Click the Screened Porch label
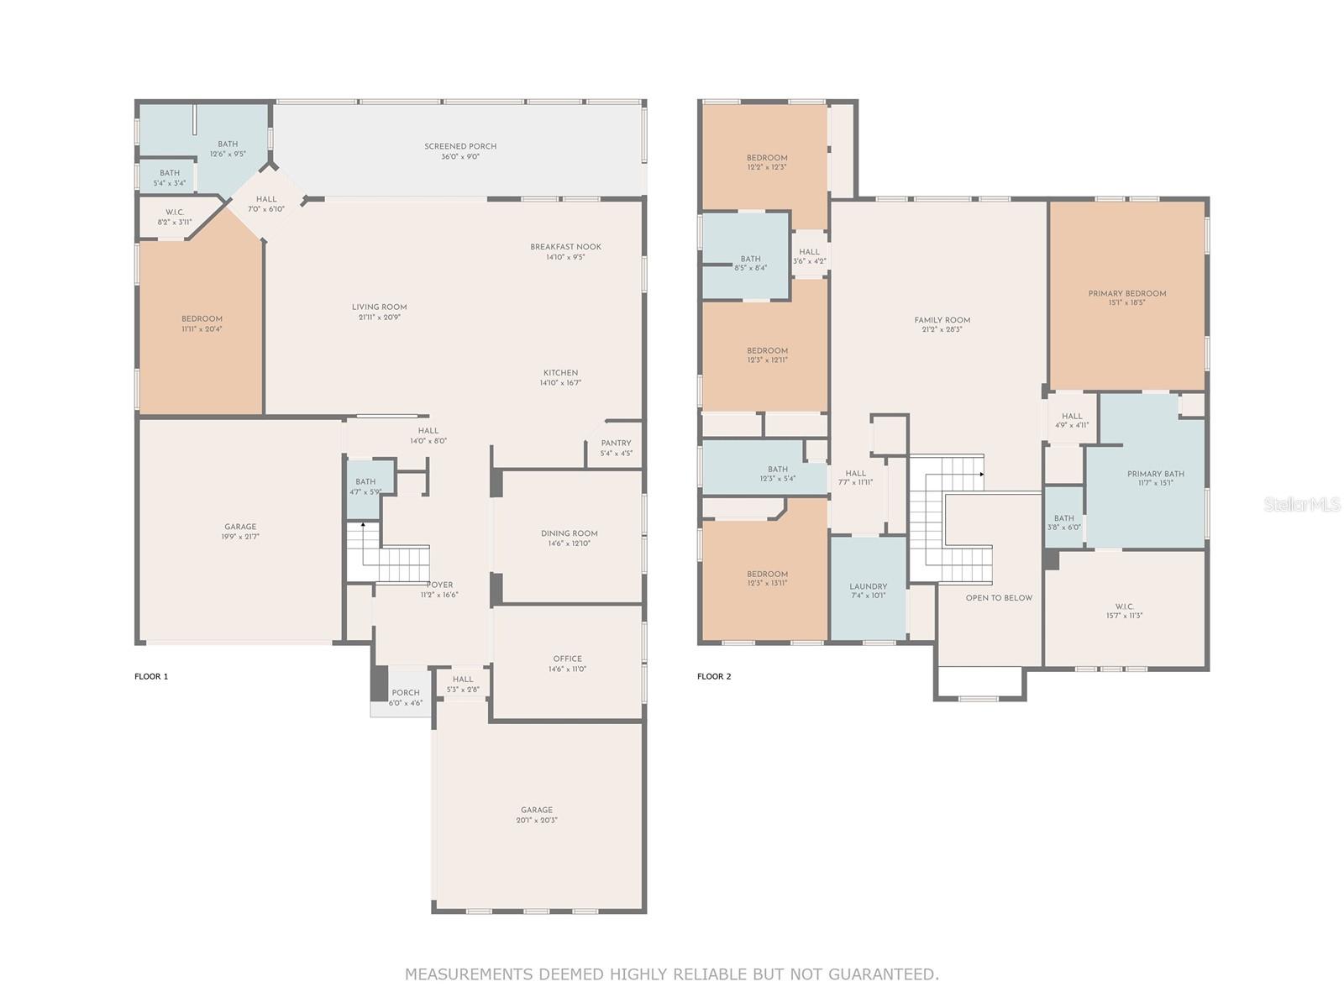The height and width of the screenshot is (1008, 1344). click(x=459, y=146)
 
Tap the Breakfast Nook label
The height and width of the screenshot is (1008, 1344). click(x=565, y=247)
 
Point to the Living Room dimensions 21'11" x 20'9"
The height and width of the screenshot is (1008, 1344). click(x=379, y=317)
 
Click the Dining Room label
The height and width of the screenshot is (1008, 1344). click(x=569, y=533)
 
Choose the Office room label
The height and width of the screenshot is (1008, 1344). click(x=567, y=659)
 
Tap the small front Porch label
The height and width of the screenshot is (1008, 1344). click(x=406, y=693)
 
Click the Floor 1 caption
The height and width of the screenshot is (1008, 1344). click(x=151, y=676)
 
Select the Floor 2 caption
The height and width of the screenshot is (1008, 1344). click(x=714, y=676)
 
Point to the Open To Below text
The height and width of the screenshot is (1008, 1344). click(x=999, y=598)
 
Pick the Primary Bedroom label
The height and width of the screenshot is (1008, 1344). click(x=1126, y=293)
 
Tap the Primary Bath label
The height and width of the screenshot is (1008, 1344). click(x=1155, y=474)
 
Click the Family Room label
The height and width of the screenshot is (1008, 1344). click(x=942, y=320)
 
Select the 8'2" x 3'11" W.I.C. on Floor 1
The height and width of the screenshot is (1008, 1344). click(x=175, y=218)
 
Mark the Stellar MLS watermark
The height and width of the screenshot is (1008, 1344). click(x=1302, y=504)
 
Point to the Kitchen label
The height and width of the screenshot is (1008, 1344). click(x=560, y=373)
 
